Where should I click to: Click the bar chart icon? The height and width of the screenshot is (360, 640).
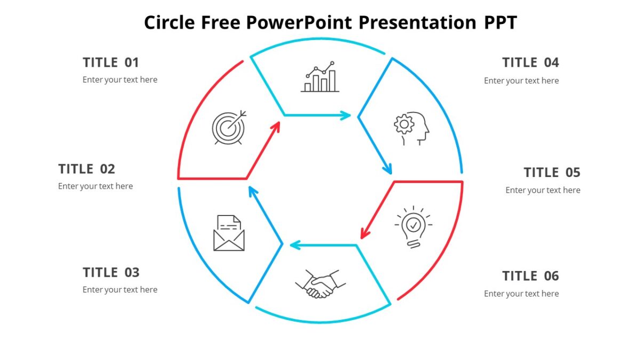coord(320,77)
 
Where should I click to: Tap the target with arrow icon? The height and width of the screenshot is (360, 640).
coord(229,127)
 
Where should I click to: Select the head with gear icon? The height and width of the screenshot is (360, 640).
coord(412,128)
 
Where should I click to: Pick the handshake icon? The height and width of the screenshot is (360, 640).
coord(321,284)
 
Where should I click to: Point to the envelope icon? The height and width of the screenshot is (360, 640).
coord(229,233)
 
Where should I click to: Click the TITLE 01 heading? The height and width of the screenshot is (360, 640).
coord(111,62)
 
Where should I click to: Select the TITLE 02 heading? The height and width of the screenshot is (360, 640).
coord(86,169)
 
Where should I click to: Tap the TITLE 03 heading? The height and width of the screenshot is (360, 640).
coord(111,273)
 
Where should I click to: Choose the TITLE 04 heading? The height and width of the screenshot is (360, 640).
coord(530,62)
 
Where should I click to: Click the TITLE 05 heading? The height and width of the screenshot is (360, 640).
coord(551,172)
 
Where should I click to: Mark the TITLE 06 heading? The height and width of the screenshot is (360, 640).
coord(530,276)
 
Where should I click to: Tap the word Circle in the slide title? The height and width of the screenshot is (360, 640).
coord(170,22)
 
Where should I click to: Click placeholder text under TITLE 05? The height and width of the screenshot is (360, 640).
coord(542,190)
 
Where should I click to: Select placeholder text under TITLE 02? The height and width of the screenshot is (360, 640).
coord(95,186)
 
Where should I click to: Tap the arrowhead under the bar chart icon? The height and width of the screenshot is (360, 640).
coord(346,115)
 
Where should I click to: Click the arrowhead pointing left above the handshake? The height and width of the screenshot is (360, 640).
coord(295,245)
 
